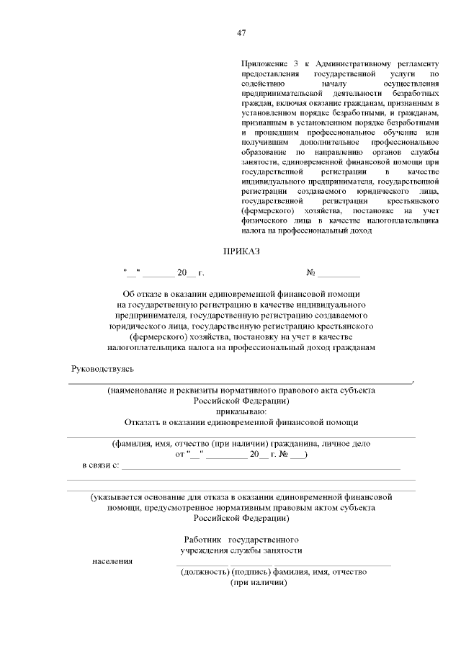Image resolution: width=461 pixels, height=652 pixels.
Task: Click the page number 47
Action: (241, 32)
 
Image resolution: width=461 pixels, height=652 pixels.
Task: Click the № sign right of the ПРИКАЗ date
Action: (312, 273)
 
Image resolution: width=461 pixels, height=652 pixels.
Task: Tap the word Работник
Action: (202, 540)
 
